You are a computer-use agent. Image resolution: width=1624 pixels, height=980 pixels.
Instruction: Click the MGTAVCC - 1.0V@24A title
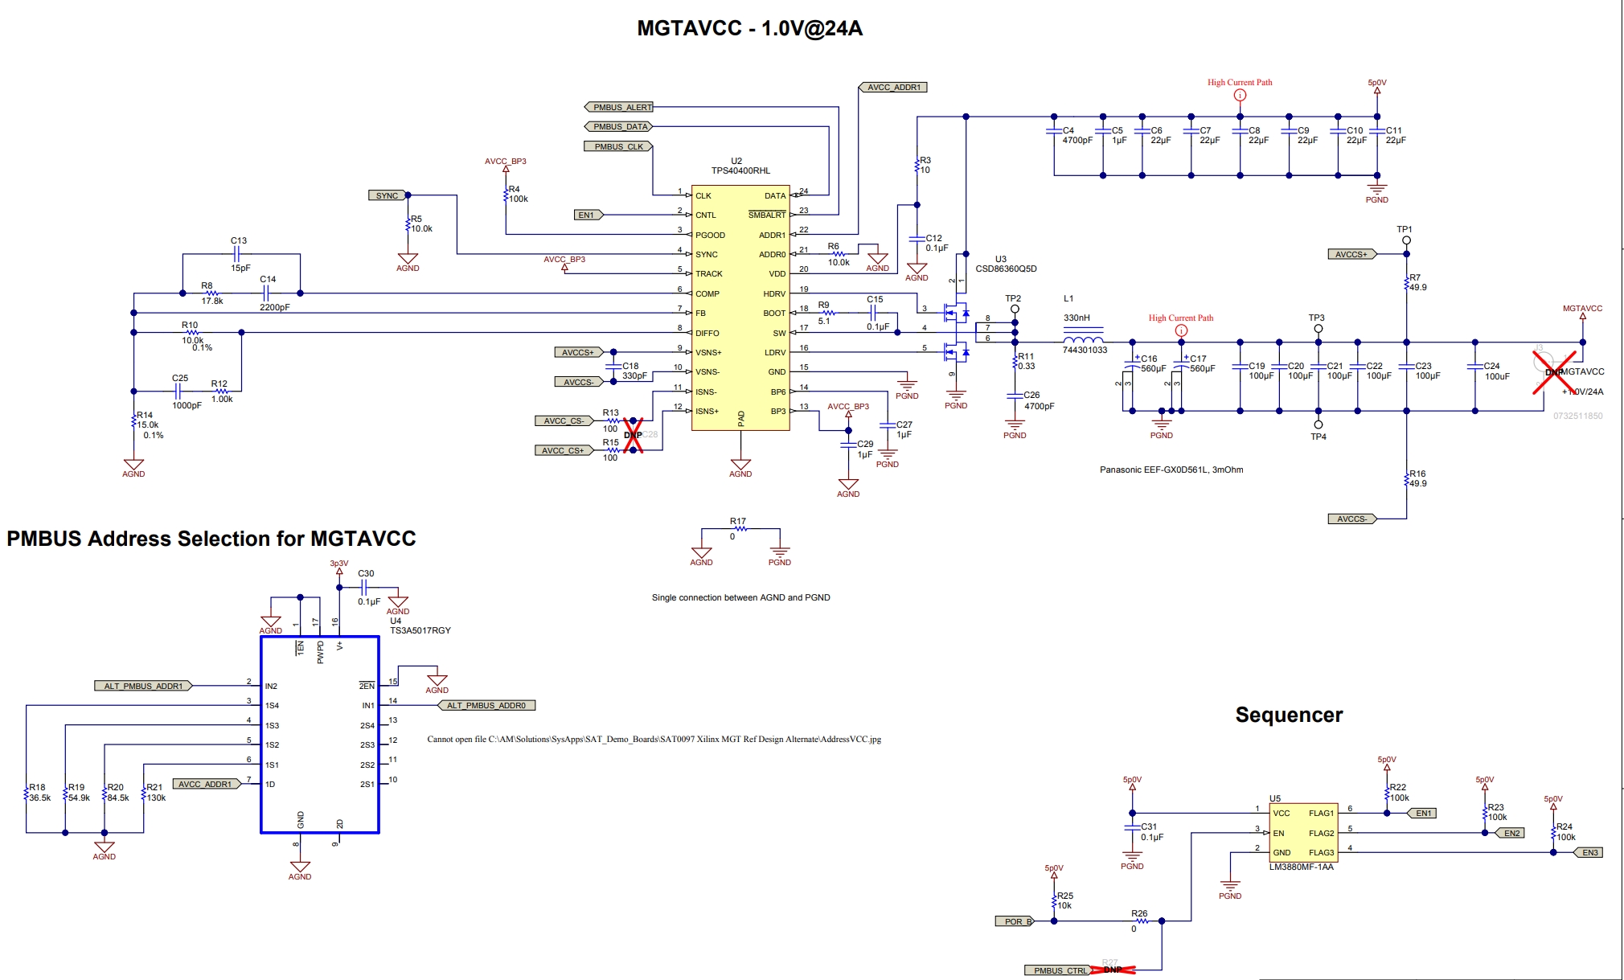(x=749, y=28)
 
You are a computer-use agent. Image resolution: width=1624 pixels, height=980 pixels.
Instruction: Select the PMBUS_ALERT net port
(x=619, y=107)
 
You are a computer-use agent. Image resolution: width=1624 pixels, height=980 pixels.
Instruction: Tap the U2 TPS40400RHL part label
(x=740, y=166)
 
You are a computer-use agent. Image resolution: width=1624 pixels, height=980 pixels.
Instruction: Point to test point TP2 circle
(x=1015, y=309)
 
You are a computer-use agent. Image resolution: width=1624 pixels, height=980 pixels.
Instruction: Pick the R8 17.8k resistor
(x=211, y=293)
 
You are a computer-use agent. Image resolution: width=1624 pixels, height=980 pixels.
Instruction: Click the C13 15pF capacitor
(x=239, y=254)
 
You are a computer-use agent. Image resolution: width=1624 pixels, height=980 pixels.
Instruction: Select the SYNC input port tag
(x=388, y=195)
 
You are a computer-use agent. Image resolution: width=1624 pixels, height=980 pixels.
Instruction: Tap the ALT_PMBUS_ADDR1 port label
(x=143, y=686)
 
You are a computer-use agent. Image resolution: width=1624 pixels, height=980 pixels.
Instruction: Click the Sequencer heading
(x=1289, y=715)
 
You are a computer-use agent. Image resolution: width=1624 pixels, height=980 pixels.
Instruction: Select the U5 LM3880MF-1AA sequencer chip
(x=1303, y=833)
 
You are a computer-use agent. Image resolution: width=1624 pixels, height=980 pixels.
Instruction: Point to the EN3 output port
(x=1589, y=852)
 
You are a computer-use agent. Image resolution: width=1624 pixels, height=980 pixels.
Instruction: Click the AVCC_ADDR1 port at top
(x=893, y=87)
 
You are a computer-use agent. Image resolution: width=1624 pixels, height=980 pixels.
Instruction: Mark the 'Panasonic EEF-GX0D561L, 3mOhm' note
(x=1171, y=469)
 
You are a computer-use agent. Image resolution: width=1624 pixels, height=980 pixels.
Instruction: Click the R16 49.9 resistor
(x=1408, y=480)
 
